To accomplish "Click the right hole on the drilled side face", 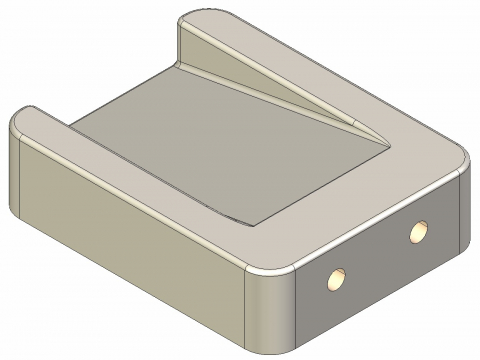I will click(x=417, y=233).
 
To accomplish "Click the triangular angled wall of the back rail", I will click(x=270, y=85).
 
